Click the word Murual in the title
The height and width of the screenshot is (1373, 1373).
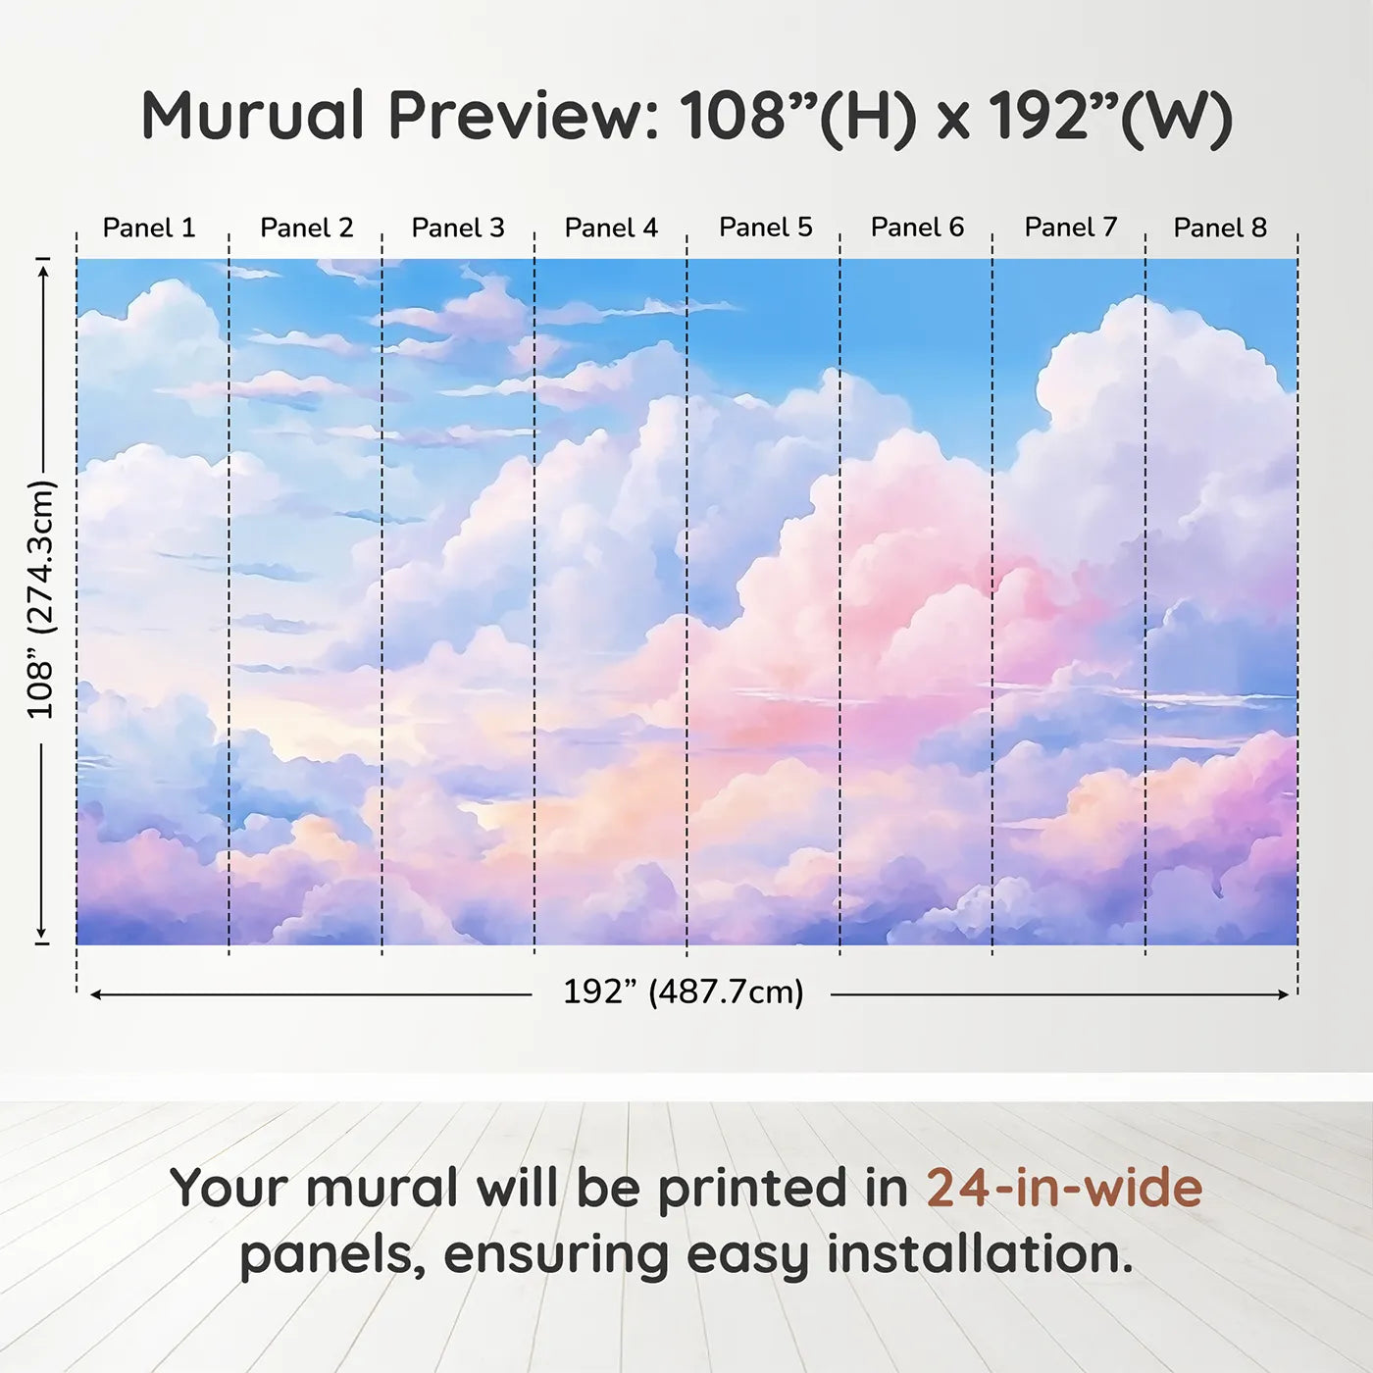(253, 115)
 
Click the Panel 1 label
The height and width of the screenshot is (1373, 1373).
(149, 228)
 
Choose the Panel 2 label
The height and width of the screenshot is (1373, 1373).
(306, 228)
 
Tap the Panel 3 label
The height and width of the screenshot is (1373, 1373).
(458, 228)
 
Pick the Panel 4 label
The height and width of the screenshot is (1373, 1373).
(611, 228)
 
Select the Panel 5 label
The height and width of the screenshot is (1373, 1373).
(765, 228)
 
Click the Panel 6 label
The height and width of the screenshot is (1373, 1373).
(917, 228)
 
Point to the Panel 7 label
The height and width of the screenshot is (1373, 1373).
(1070, 228)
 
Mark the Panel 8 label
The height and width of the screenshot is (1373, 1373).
(1220, 228)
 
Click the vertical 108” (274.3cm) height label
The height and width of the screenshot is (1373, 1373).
(40, 599)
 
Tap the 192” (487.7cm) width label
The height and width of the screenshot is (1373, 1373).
(684, 992)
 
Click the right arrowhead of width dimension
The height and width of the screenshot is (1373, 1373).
(1284, 994)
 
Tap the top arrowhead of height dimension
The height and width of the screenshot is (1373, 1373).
(43, 271)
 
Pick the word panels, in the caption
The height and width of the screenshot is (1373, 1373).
(332, 1257)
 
